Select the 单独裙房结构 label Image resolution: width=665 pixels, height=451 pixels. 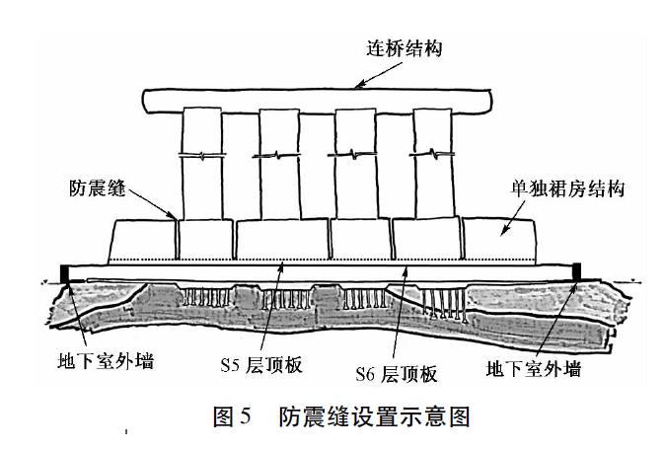tap(570, 187)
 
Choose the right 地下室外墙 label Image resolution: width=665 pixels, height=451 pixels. tap(532, 370)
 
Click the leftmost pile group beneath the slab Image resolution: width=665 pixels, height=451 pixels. tap(203, 297)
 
